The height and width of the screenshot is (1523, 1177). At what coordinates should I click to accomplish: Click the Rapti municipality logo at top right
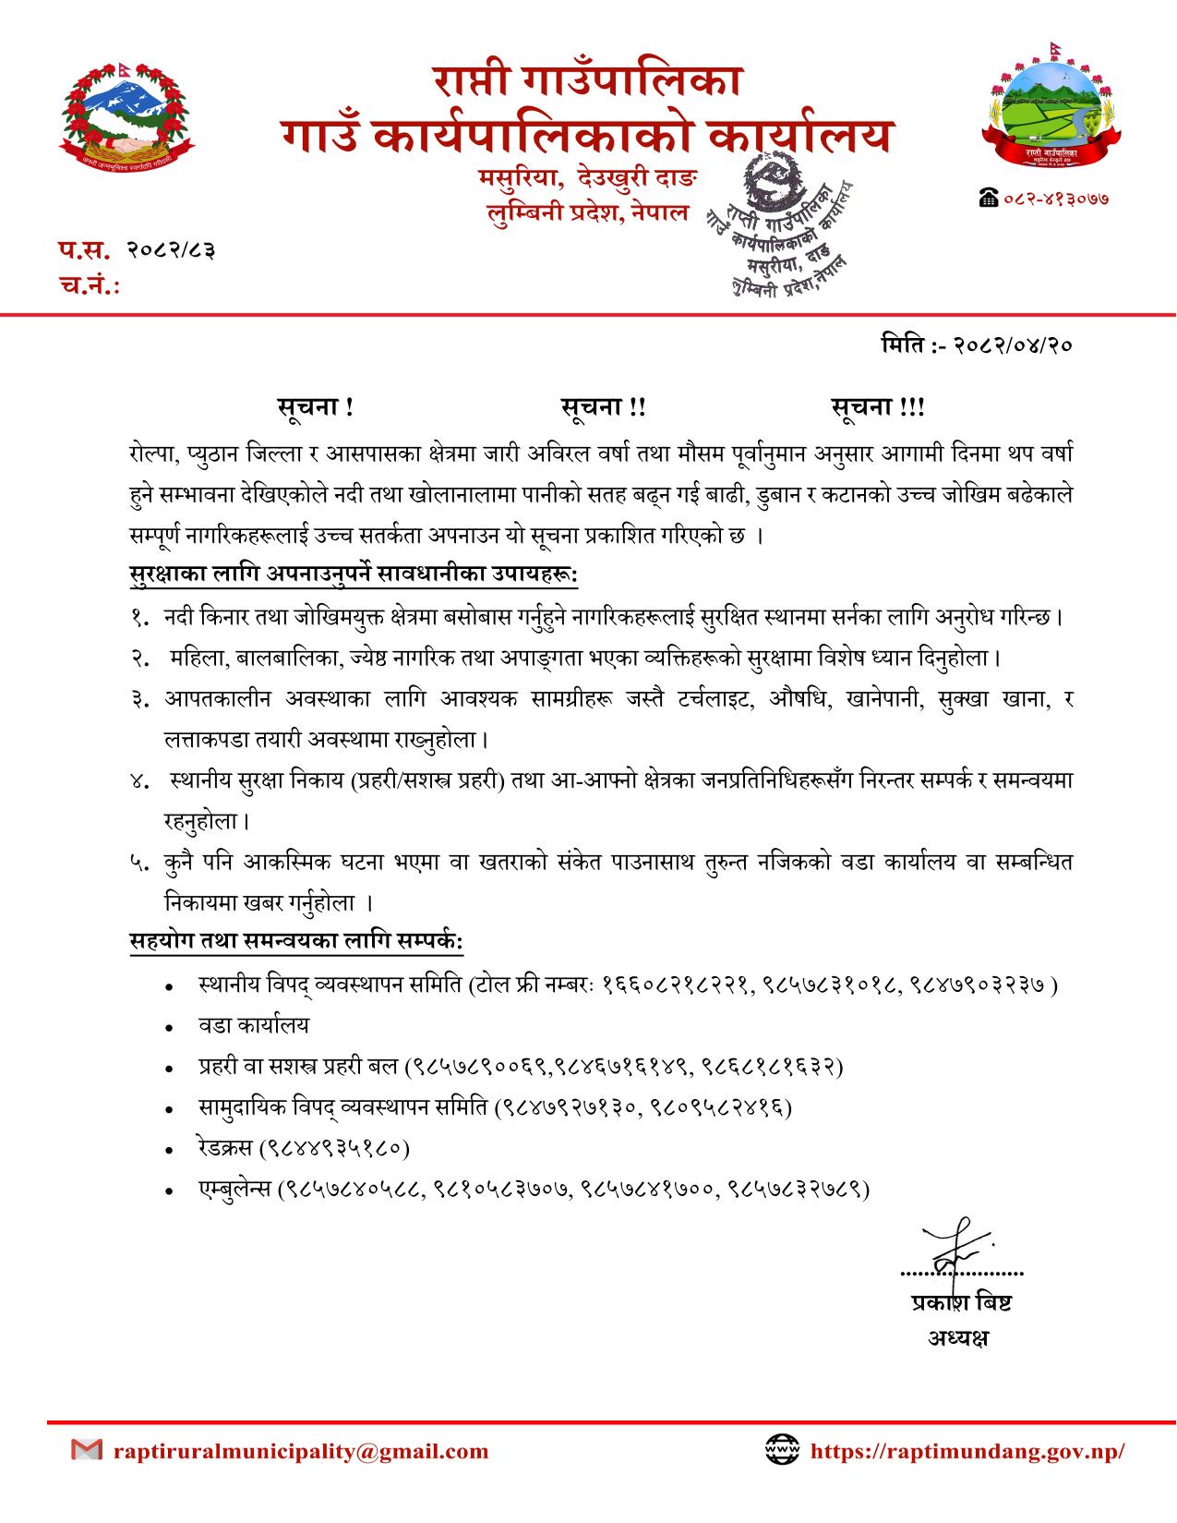1052,112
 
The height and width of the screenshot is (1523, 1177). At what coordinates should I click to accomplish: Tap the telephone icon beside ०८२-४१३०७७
989,198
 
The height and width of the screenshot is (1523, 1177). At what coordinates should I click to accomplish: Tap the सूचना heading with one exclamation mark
315,407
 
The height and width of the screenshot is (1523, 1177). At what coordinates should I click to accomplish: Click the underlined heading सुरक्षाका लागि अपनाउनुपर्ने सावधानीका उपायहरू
354,574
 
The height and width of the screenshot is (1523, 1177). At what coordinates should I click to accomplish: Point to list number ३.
139,699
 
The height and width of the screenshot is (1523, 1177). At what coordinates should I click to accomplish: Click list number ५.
139,862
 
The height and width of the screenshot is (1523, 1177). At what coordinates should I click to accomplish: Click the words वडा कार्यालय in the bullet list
254,1026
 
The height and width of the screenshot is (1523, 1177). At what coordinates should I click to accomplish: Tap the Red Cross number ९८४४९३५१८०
336,1148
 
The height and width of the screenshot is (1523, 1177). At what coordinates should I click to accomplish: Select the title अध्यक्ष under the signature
957,1336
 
